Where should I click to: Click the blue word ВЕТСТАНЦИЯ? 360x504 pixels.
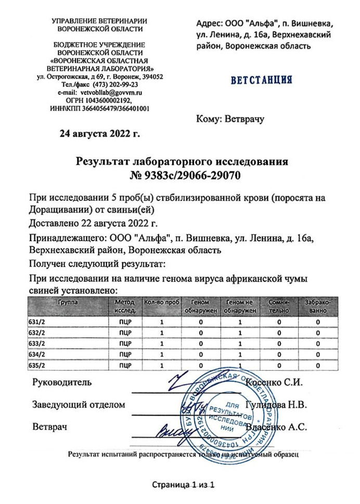[261, 81]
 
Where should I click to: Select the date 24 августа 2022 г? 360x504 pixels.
[100, 133]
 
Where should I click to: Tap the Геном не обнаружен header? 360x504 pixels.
[240, 306]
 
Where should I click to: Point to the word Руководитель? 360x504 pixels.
[62, 382]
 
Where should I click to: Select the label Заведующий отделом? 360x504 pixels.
[79, 405]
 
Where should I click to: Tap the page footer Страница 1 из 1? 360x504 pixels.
[183, 485]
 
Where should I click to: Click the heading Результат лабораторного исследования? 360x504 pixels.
[182, 162]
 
